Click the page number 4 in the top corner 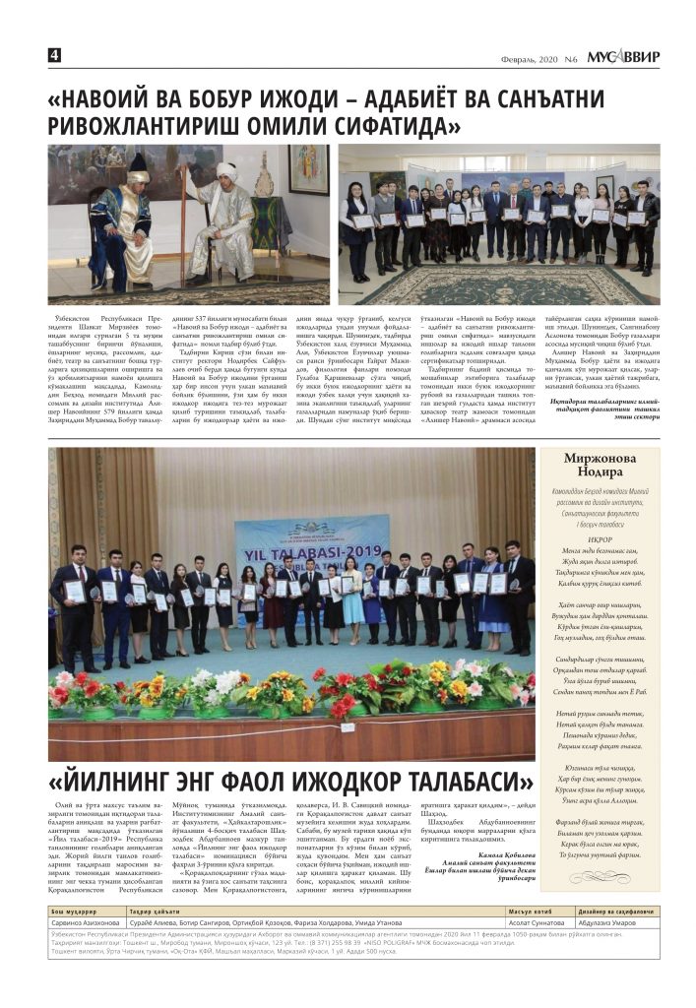[x=55, y=55]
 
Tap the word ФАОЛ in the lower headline [x=224, y=784]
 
